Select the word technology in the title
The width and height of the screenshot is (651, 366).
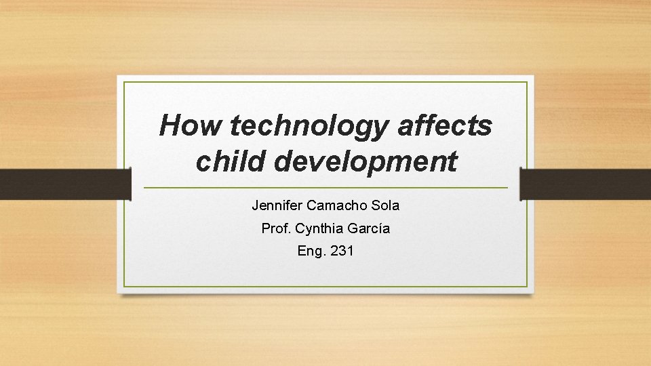tap(311, 126)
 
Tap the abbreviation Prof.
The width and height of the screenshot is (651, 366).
tap(275, 228)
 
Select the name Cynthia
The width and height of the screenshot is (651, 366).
tap(322, 228)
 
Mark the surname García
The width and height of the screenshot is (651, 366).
tap(370, 228)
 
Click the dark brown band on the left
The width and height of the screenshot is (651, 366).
tap(64, 184)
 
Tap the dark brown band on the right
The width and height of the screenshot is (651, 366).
tap(585, 184)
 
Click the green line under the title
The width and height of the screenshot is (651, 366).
tap(325, 187)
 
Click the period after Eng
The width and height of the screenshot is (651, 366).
tap(325, 255)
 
